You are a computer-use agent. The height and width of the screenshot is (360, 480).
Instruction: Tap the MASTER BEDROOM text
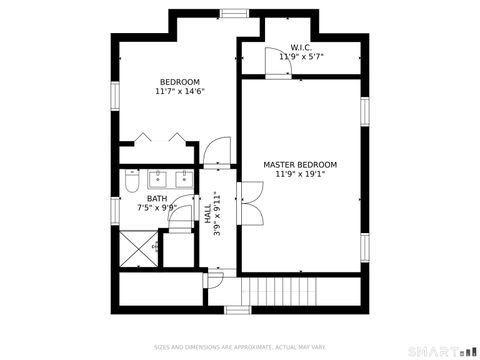(x=300, y=164)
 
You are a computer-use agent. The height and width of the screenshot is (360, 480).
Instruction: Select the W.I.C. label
(x=301, y=48)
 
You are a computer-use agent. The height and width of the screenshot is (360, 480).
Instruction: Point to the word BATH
(x=157, y=199)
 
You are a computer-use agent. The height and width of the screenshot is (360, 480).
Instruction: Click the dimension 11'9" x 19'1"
(x=300, y=174)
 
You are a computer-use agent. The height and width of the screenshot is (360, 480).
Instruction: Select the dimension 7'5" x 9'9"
(x=157, y=209)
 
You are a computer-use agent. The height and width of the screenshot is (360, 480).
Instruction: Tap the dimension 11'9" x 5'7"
(x=301, y=57)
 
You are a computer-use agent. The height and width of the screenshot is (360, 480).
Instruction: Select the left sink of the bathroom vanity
(x=157, y=180)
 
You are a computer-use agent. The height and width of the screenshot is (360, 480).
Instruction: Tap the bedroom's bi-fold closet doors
(x=160, y=139)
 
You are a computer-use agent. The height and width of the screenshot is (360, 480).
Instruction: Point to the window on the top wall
(x=235, y=13)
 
